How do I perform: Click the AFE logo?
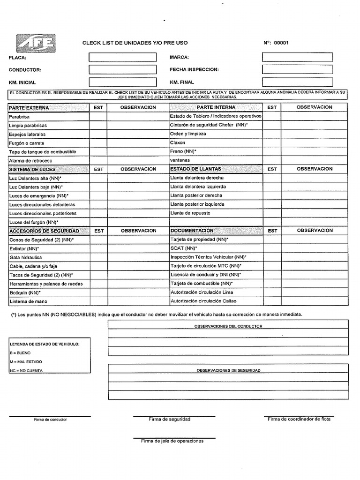coord(36,43)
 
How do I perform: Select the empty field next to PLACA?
coord(122,57)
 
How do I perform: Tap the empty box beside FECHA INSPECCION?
coord(297,69)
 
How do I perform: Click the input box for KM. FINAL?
coord(297,82)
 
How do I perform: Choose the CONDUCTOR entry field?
coord(122,69)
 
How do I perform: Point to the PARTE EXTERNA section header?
coord(29,108)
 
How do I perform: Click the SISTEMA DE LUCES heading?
coord(32,169)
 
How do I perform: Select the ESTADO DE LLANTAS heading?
coord(195,169)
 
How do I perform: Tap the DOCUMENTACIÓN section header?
coord(192,231)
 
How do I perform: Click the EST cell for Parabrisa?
coord(98,116)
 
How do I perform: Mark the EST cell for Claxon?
coord(272,142)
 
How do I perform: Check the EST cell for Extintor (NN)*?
coord(98,248)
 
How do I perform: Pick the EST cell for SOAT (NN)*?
coord(272,248)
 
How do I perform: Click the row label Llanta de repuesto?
coord(190,213)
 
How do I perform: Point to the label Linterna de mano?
coord(28,301)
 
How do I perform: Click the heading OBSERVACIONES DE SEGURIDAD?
coord(228,370)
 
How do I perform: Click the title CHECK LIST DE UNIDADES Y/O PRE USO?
coord(135,43)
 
